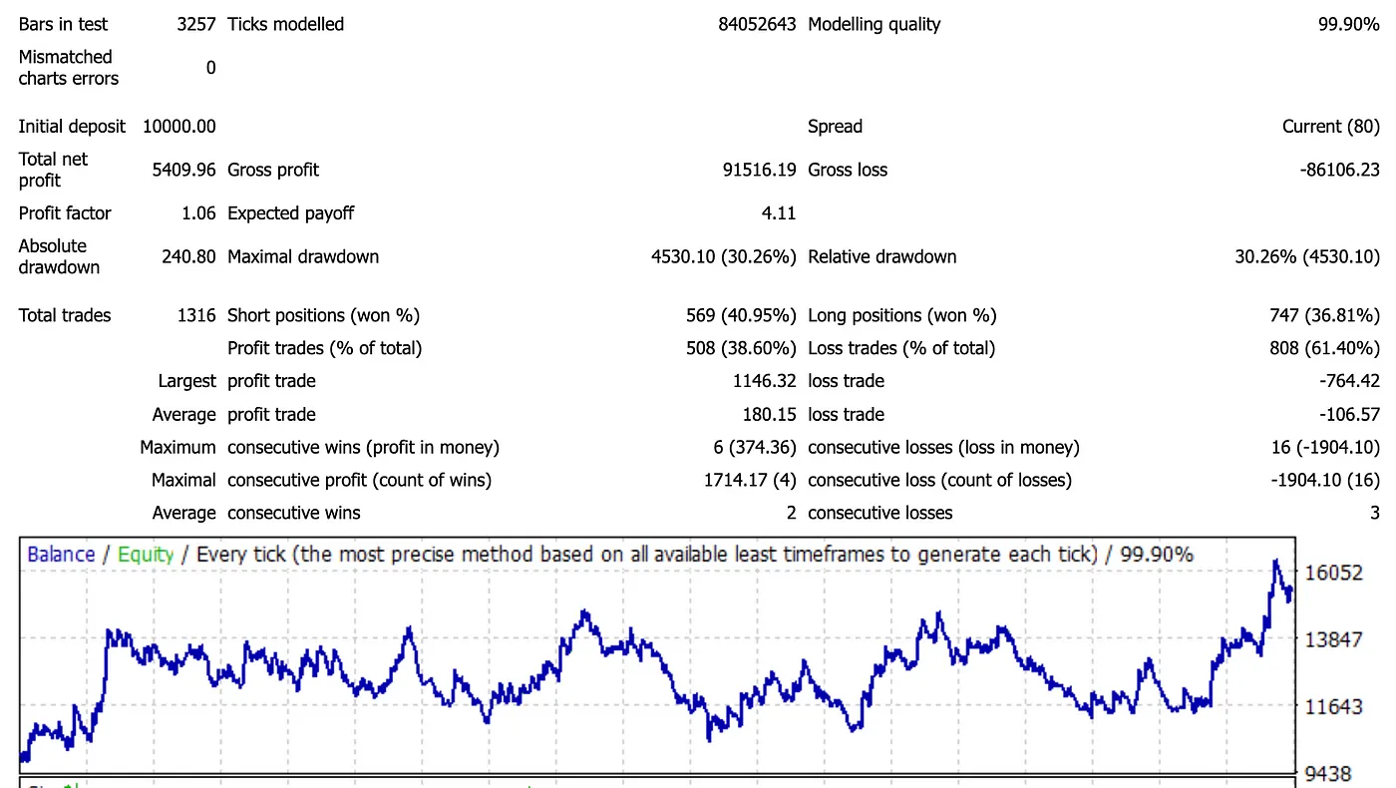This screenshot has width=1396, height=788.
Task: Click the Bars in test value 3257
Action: point(195,24)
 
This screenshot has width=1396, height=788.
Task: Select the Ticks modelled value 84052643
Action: point(757,24)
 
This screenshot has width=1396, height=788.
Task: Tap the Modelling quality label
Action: point(873,24)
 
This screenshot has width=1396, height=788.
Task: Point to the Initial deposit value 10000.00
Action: point(178,127)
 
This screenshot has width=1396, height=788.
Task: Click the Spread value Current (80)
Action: point(1330,127)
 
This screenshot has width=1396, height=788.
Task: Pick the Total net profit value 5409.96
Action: point(183,170)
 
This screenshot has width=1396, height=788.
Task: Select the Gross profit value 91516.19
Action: point(759,170)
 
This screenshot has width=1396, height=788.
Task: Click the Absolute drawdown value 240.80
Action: point(188,256)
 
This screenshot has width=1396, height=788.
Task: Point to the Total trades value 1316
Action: point(193,315)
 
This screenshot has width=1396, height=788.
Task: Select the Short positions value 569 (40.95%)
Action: point(736,315)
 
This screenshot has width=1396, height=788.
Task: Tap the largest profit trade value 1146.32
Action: point(764,381)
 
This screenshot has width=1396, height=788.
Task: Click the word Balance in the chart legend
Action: point(61,555)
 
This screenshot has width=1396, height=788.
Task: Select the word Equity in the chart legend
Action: point(146,555)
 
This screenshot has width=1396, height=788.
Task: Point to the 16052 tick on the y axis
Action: point(1333,573)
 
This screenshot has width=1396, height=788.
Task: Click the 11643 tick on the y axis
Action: point(1333,707)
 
